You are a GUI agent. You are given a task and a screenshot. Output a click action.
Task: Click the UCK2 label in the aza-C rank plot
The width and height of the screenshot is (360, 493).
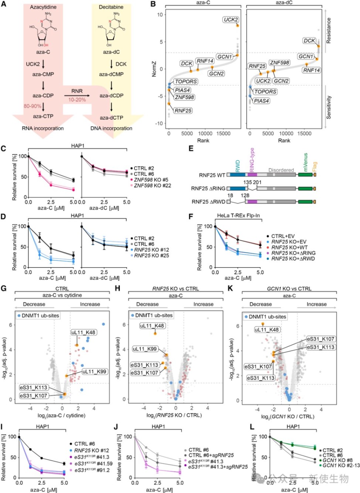pyautogui.click(x=231, y=20)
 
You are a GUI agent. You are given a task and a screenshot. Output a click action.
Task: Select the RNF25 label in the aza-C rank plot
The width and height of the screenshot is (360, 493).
pyautogui.click(x=183, y=110)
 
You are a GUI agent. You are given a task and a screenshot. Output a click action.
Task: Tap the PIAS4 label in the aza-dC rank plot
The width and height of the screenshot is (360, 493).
pyautogui.click(x=261, y=101)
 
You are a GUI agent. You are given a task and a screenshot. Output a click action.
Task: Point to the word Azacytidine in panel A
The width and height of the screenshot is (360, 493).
pyautogui.click(x=43, y=7)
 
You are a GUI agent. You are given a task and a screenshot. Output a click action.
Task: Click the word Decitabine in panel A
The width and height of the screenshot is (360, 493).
pyautogui.click(x=111, y=7)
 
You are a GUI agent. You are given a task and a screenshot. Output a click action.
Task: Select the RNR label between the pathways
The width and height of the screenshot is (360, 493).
pyautogui.click(x=77, y=91)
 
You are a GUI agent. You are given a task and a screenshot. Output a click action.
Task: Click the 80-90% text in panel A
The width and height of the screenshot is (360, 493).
pyautogui.click(x=33, y=106)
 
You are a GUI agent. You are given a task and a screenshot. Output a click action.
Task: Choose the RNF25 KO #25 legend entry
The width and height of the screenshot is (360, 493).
pyautogui.click(x=152, y=255)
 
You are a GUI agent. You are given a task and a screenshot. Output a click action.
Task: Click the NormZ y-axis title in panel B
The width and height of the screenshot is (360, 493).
pyautogui.click(x=154, y=69)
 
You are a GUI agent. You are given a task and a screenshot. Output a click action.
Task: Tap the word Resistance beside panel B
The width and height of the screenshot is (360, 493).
pyautogui.click(x=329, y=31)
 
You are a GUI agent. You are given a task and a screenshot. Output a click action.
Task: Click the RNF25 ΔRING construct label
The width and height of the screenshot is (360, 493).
pyautogui.click(x=208, y=188)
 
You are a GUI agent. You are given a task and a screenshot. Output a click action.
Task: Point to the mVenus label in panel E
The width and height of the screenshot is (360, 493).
pyautogui.click(x=305, y=162)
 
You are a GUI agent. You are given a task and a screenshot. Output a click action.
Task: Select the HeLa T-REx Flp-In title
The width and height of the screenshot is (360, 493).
pyautogui.click(x=238, y=215)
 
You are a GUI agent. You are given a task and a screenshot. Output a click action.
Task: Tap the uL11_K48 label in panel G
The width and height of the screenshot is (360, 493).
pyautogui.click(x=83, y=332)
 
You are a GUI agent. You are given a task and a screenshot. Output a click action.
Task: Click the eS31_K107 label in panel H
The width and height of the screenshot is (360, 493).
pyautogui.click(x=145, y=373)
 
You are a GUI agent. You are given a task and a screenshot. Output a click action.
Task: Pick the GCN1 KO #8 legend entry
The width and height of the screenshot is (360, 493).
pyautogui.click(x=337, y=460)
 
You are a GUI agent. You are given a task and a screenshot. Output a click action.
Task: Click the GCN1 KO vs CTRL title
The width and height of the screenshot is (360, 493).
pyautogui.click(x=289, y=289)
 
